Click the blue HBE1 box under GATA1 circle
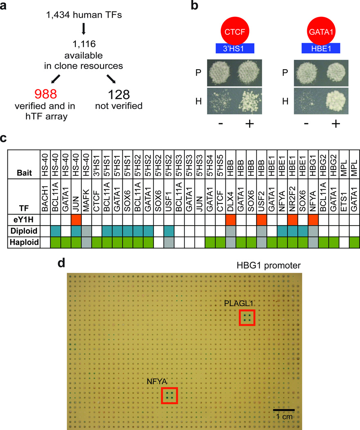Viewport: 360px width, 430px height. pos(321,48)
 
